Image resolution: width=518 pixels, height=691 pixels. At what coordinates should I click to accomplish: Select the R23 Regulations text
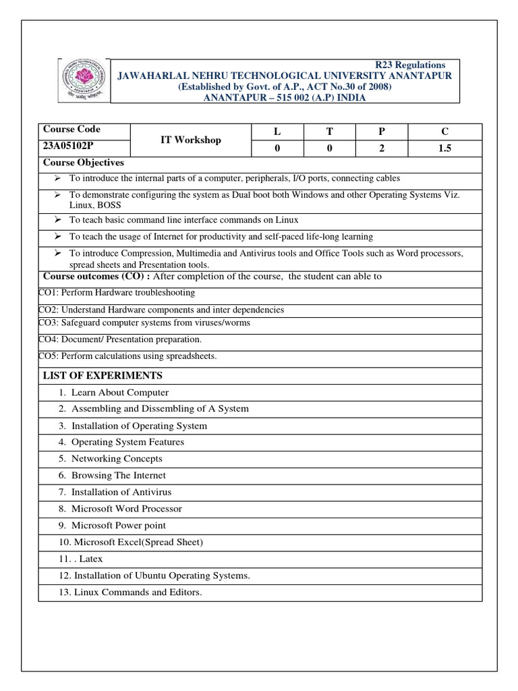point(410,65)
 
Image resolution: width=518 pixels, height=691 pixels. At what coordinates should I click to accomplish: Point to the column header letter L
point(277,132)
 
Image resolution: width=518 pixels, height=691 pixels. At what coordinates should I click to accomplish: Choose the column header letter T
point(329,132)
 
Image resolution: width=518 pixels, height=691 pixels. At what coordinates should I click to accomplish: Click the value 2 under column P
point(382,149)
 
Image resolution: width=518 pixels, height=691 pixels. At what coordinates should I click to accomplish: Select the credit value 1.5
point(444,149)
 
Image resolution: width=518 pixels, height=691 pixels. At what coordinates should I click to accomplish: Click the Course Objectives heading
point(84,163)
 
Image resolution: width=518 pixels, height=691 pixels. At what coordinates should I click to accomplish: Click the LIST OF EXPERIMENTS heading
point(103,375)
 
